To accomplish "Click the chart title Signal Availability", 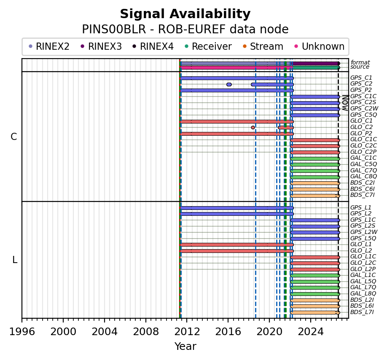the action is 185,14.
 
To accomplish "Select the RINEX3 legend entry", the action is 102,46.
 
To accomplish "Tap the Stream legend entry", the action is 263,46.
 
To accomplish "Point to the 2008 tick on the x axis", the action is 146,320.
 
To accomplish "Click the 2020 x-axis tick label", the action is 269,332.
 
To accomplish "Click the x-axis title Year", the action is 185,347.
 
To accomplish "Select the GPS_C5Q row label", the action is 363,115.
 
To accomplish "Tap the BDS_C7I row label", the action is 362,195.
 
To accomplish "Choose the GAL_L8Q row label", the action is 363,293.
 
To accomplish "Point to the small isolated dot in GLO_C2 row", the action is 253,128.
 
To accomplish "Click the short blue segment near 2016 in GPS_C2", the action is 229,85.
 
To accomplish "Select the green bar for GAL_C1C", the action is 315,159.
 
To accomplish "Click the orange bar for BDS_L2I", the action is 315,300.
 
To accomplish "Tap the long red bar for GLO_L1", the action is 236,245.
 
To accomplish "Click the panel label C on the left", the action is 14,137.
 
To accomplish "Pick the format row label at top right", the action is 360,62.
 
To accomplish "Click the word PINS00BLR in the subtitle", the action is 114,30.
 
